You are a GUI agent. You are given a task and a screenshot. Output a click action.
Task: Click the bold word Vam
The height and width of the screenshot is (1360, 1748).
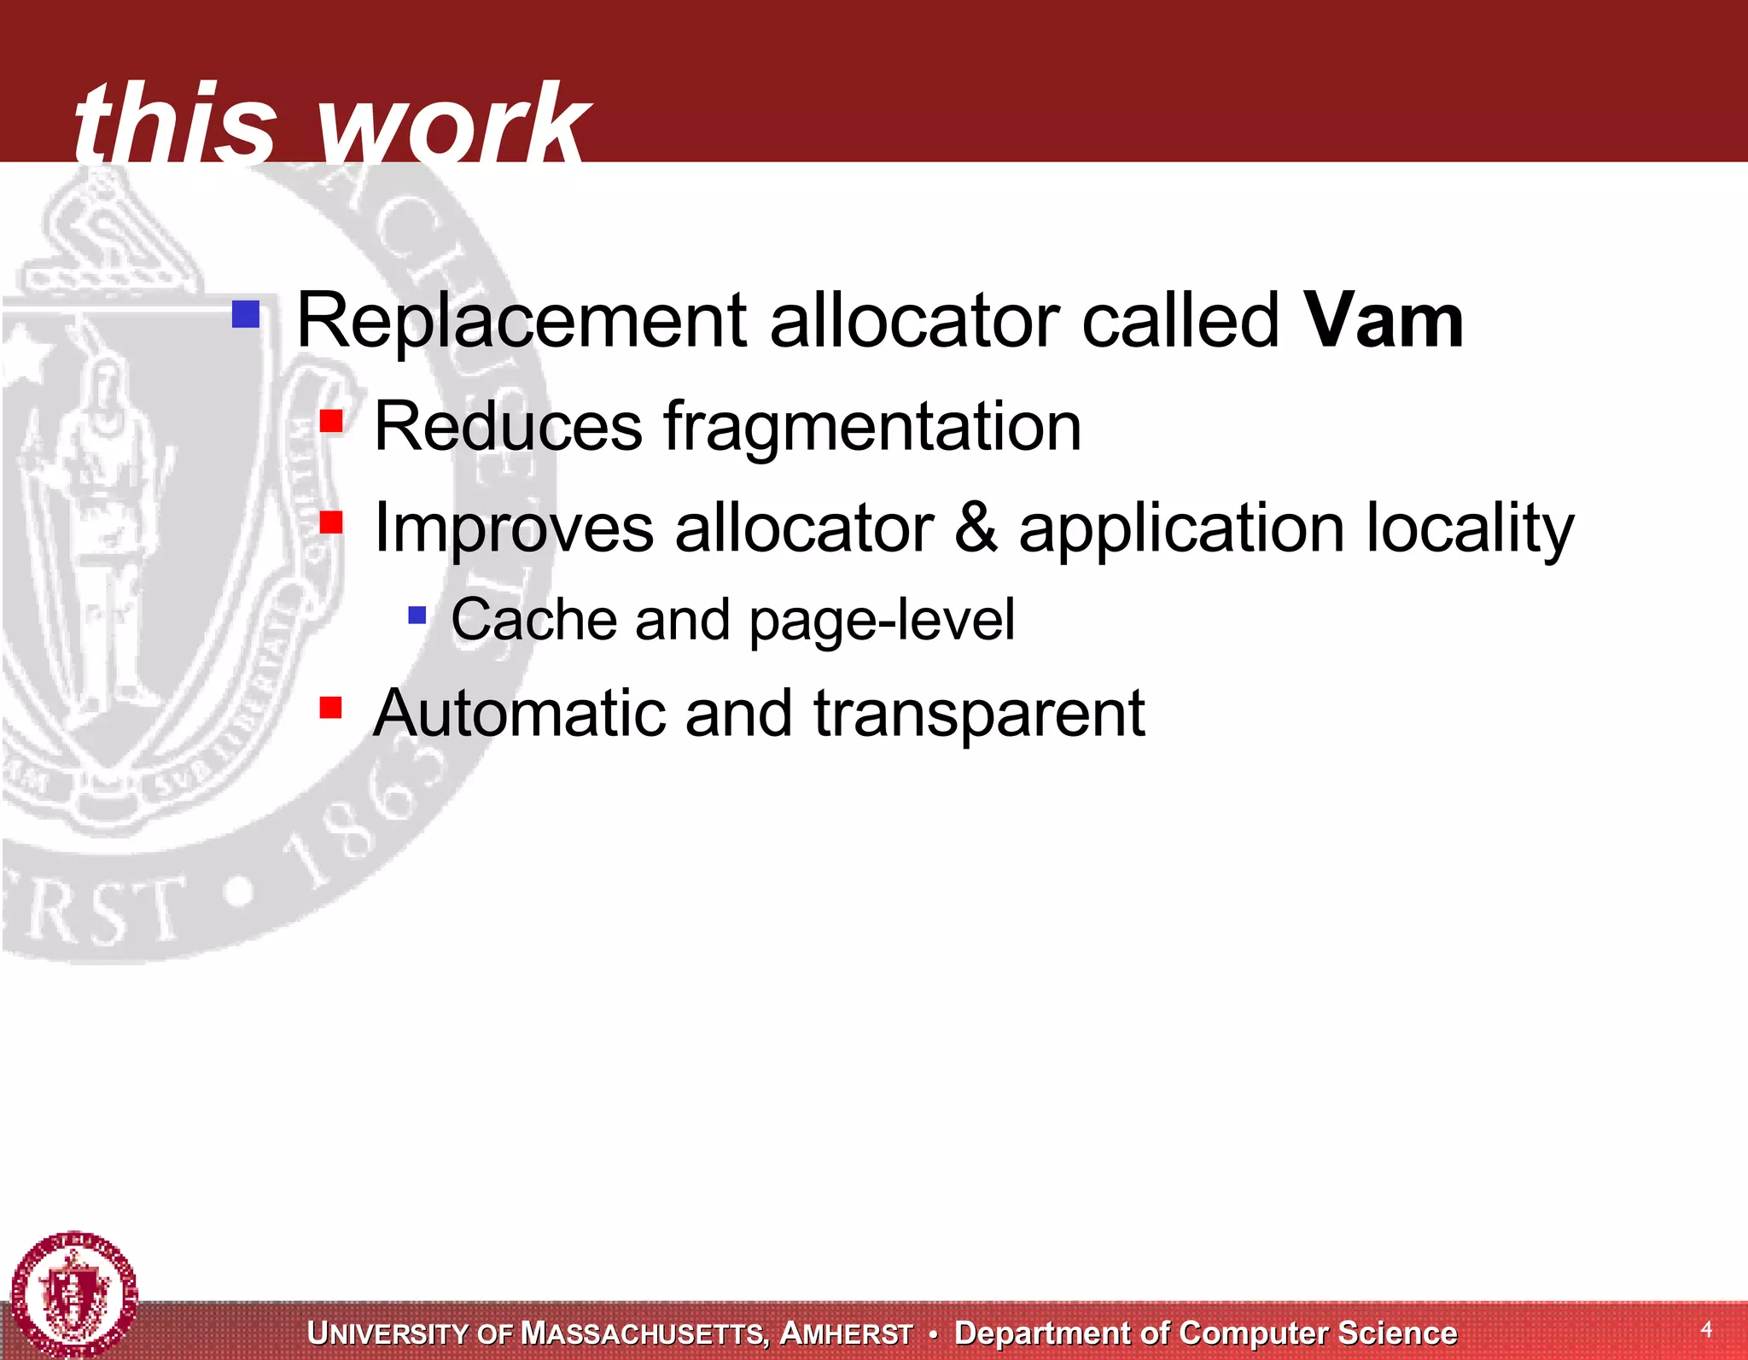click(1384, 321)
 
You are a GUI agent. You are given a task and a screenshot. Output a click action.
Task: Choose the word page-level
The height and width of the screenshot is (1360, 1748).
click(882, 620)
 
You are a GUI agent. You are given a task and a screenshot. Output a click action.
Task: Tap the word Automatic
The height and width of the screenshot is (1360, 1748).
click(518, 713)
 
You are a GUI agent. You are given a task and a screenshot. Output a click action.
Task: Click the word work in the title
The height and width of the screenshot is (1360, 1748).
click(452, 124)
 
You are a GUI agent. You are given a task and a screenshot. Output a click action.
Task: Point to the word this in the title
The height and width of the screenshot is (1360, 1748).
click(175, 124)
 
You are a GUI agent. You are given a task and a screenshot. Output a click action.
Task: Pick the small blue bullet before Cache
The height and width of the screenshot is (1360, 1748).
click(417, 615)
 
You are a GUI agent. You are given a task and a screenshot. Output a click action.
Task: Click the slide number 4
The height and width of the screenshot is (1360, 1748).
click(1705, 1328)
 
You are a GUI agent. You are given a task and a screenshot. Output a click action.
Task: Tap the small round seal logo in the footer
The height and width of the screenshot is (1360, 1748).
click(74, 1293)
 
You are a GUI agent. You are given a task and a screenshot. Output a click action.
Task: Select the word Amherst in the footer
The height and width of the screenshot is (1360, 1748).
click(847, 1334)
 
